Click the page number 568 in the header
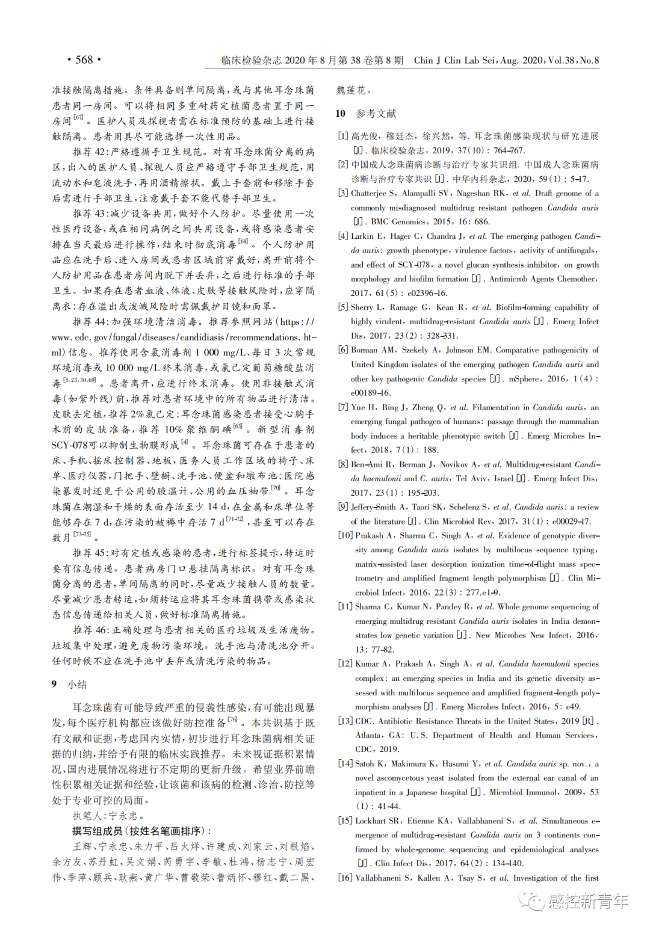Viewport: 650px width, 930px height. [x=84, y=60]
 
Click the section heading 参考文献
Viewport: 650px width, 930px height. [x=376, y=114]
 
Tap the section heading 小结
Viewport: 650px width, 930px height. [x=77, y=684]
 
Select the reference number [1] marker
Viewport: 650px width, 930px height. [x=342, y=137]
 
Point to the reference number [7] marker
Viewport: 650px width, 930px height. [x=342, y=407]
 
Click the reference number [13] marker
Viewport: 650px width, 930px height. [x=345, y=721]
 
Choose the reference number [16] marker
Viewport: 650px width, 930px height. [x=345, y=878]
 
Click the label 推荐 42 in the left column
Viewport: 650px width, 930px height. [x=91, y=152]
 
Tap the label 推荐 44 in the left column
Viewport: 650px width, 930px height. [x=91, y=322]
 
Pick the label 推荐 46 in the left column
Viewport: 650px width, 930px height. [x=91, y=630]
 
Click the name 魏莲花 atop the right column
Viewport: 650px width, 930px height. [x=350, y=90]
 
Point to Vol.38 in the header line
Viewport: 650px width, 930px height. [x=561, y=60]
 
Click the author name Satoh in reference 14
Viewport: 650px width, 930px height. [x=364, y=763]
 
